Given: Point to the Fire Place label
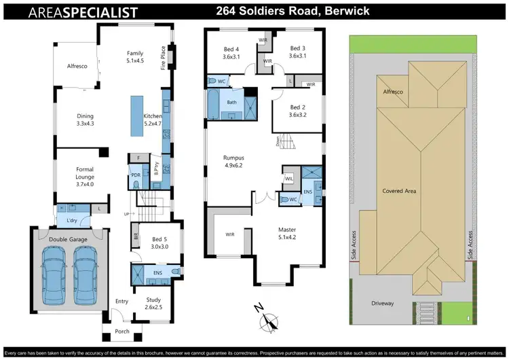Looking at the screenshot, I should (x=163, y=58).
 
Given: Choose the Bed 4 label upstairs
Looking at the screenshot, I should (x=232, y=52).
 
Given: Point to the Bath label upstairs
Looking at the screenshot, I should (x=232, y=103).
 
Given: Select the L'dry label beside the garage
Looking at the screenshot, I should (x=71, y=221).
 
